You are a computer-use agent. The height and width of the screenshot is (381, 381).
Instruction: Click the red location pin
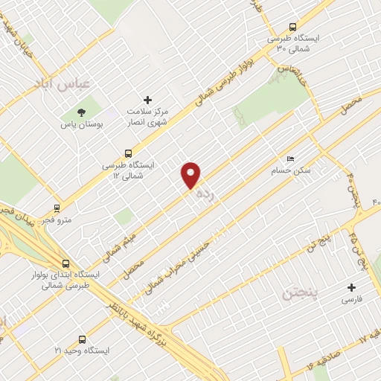coord(191,175)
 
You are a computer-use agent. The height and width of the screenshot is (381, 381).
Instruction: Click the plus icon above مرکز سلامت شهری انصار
coord(147,99)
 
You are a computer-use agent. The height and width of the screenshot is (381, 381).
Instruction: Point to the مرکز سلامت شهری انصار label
coord(147,115)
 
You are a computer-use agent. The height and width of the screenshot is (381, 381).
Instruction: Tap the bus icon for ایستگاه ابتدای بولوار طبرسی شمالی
coord(66,263)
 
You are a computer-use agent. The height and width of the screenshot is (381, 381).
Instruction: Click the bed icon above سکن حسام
coord(291,159)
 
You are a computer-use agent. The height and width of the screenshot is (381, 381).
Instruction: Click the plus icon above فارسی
coord(351,286)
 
